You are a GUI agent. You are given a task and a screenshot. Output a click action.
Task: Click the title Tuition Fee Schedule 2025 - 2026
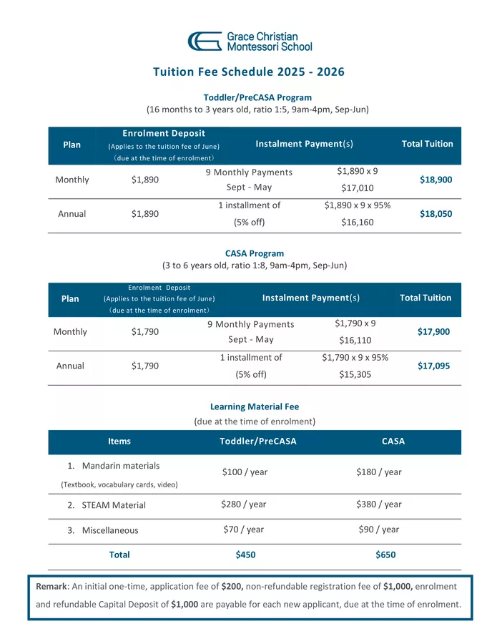point(248,72)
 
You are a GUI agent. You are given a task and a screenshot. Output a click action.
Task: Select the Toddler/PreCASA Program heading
point(247,97)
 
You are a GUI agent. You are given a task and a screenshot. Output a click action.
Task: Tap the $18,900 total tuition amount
point(436,180)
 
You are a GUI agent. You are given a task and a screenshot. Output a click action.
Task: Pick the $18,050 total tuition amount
point(436,213)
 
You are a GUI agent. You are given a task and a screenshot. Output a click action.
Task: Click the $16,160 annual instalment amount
point(357,222)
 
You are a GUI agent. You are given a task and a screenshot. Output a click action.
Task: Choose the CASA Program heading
point(255,253)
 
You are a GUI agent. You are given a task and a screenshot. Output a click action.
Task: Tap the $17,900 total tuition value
point(434,331)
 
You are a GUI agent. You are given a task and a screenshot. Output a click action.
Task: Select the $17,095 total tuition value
point(434,366)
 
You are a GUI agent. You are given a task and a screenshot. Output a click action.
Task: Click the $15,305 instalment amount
point(355,374)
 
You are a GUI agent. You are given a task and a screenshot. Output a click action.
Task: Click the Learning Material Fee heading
point(255,406)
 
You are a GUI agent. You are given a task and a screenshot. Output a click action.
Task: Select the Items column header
point(119,441)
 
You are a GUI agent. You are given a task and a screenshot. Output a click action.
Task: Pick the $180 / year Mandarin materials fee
point(378,472)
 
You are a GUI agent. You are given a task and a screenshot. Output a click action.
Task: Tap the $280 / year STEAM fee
point(244,504)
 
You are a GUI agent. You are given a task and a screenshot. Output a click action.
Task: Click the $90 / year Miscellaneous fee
point(378,530)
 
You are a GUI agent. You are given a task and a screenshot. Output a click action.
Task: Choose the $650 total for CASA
point(385,555)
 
